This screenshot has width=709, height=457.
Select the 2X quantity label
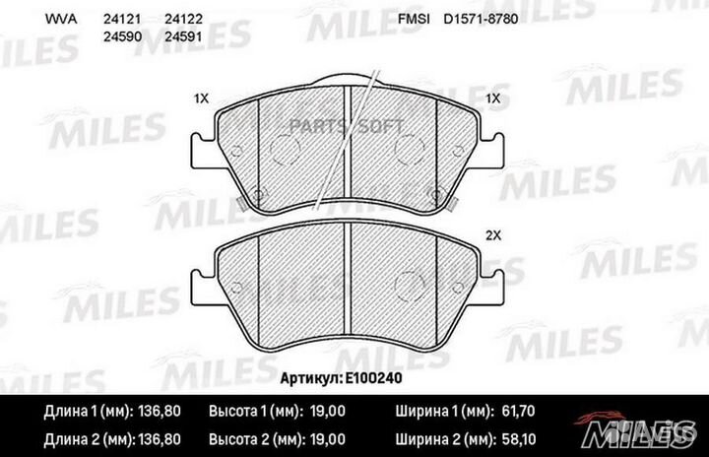493,235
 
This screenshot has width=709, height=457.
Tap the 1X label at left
202,98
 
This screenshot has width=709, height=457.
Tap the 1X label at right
493,98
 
